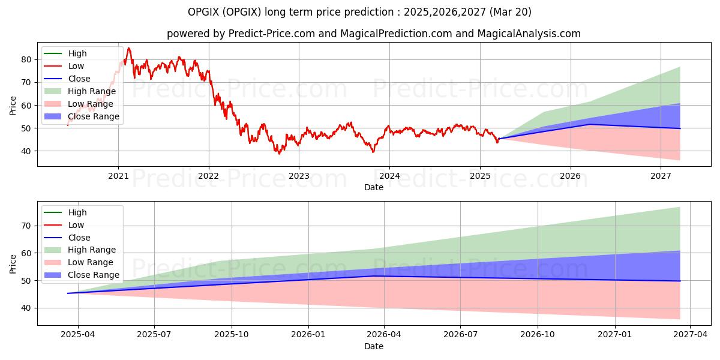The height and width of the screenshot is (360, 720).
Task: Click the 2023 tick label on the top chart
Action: coord(299,176)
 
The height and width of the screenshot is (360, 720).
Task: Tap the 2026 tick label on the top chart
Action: coord(570,176)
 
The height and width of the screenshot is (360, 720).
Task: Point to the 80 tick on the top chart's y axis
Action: coord(26,60)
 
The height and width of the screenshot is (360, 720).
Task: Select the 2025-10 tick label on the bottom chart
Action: coord(232,335)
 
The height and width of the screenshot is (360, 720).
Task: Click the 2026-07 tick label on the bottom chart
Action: coord(460,335)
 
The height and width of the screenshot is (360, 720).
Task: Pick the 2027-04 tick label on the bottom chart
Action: coord(691,335)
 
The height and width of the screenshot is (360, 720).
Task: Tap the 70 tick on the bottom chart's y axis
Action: coord(26,226)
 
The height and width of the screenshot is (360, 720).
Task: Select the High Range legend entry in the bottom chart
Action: coord(80,250)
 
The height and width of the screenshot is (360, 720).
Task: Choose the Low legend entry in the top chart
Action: coord(64,66)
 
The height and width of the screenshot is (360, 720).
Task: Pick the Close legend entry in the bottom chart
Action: coord(67,238)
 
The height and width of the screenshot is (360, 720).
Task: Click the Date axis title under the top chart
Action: coord(373,187)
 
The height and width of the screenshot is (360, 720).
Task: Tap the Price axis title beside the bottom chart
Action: coord(13,264)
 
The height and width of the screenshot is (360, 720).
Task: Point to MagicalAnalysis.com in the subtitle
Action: coord(529,34)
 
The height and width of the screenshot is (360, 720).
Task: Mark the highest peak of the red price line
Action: coord(129,48)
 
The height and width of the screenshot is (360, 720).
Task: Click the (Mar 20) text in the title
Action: coord(511,12)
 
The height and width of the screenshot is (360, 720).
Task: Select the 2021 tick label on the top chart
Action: coord(118,176)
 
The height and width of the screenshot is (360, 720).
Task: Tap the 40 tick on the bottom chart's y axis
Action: coord(26,308)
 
